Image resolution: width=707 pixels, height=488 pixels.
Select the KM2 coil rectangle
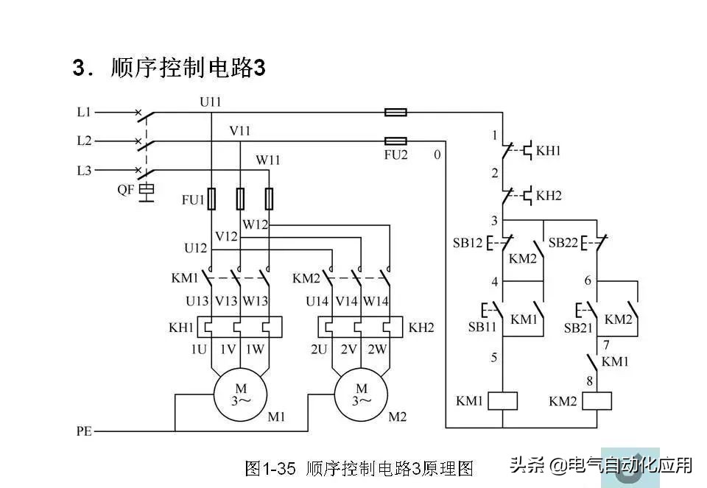click(x=597, y=401)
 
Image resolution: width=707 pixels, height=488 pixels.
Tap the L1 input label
click(x=84, y=113)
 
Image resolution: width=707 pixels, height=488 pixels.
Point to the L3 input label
click(x=84, y=170)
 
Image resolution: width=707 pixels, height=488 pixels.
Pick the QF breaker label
click(x=126, y=189)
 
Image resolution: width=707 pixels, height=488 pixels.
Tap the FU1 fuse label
click(x=193, y=199)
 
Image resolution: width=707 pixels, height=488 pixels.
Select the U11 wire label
click(x=210, y=102)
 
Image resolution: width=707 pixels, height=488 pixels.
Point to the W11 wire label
click(x=267, y=159)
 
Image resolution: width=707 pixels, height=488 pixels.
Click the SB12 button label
click(x=467, y=242)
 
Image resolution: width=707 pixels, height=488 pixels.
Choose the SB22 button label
click(x=563, y=242)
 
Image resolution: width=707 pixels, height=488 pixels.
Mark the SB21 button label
click(x=578, y=326)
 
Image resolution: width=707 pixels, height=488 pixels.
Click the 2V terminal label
click(x=348, y=349)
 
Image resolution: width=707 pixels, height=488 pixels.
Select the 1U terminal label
click(x=199, y=349)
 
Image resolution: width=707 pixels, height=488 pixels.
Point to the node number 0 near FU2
click(x=437, y=155)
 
